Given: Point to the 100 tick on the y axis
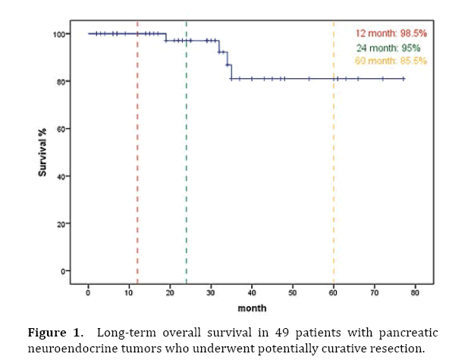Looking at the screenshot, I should point(58,34).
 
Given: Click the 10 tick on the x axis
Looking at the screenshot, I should point(129,293).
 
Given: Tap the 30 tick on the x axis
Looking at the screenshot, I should point(211,293).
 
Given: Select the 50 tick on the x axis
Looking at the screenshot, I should point(293,293).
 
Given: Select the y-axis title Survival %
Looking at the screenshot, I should point(43,153).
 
